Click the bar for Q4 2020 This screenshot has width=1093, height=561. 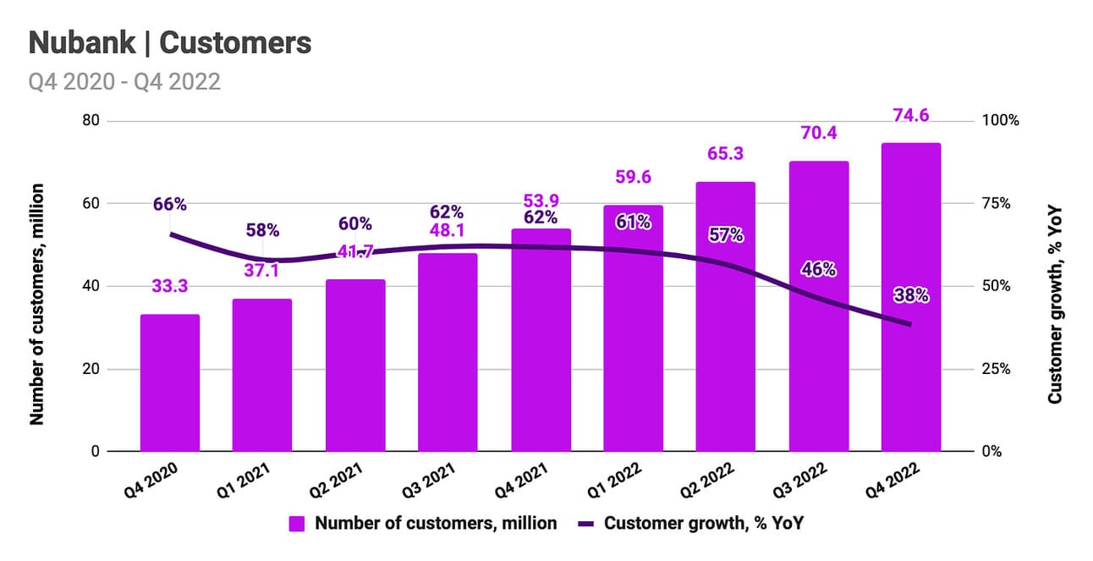click(x=170, y=382)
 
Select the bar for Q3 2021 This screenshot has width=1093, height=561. click(x=448, y=352)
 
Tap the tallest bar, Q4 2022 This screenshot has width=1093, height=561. click(x=911, y=297)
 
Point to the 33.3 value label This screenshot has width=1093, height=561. click(x=170, y=287)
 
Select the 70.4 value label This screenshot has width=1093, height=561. click(x=818, y=134)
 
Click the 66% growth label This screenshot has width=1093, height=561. click(x=170, y=204)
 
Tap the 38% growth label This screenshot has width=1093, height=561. click(x=911, y=295)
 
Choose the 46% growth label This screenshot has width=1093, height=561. click(x=818, y=270)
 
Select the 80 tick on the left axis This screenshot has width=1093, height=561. click(x=91, y=121)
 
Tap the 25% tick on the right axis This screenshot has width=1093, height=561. click(x=996, y=369)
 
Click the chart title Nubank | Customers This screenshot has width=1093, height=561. click(x=170, y=42)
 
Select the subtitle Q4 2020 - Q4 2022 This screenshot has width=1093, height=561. click(x=124, y=81)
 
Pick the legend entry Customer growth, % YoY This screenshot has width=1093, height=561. click(x=691, y=523)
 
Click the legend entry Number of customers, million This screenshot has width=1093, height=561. click(x=423, y=523)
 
